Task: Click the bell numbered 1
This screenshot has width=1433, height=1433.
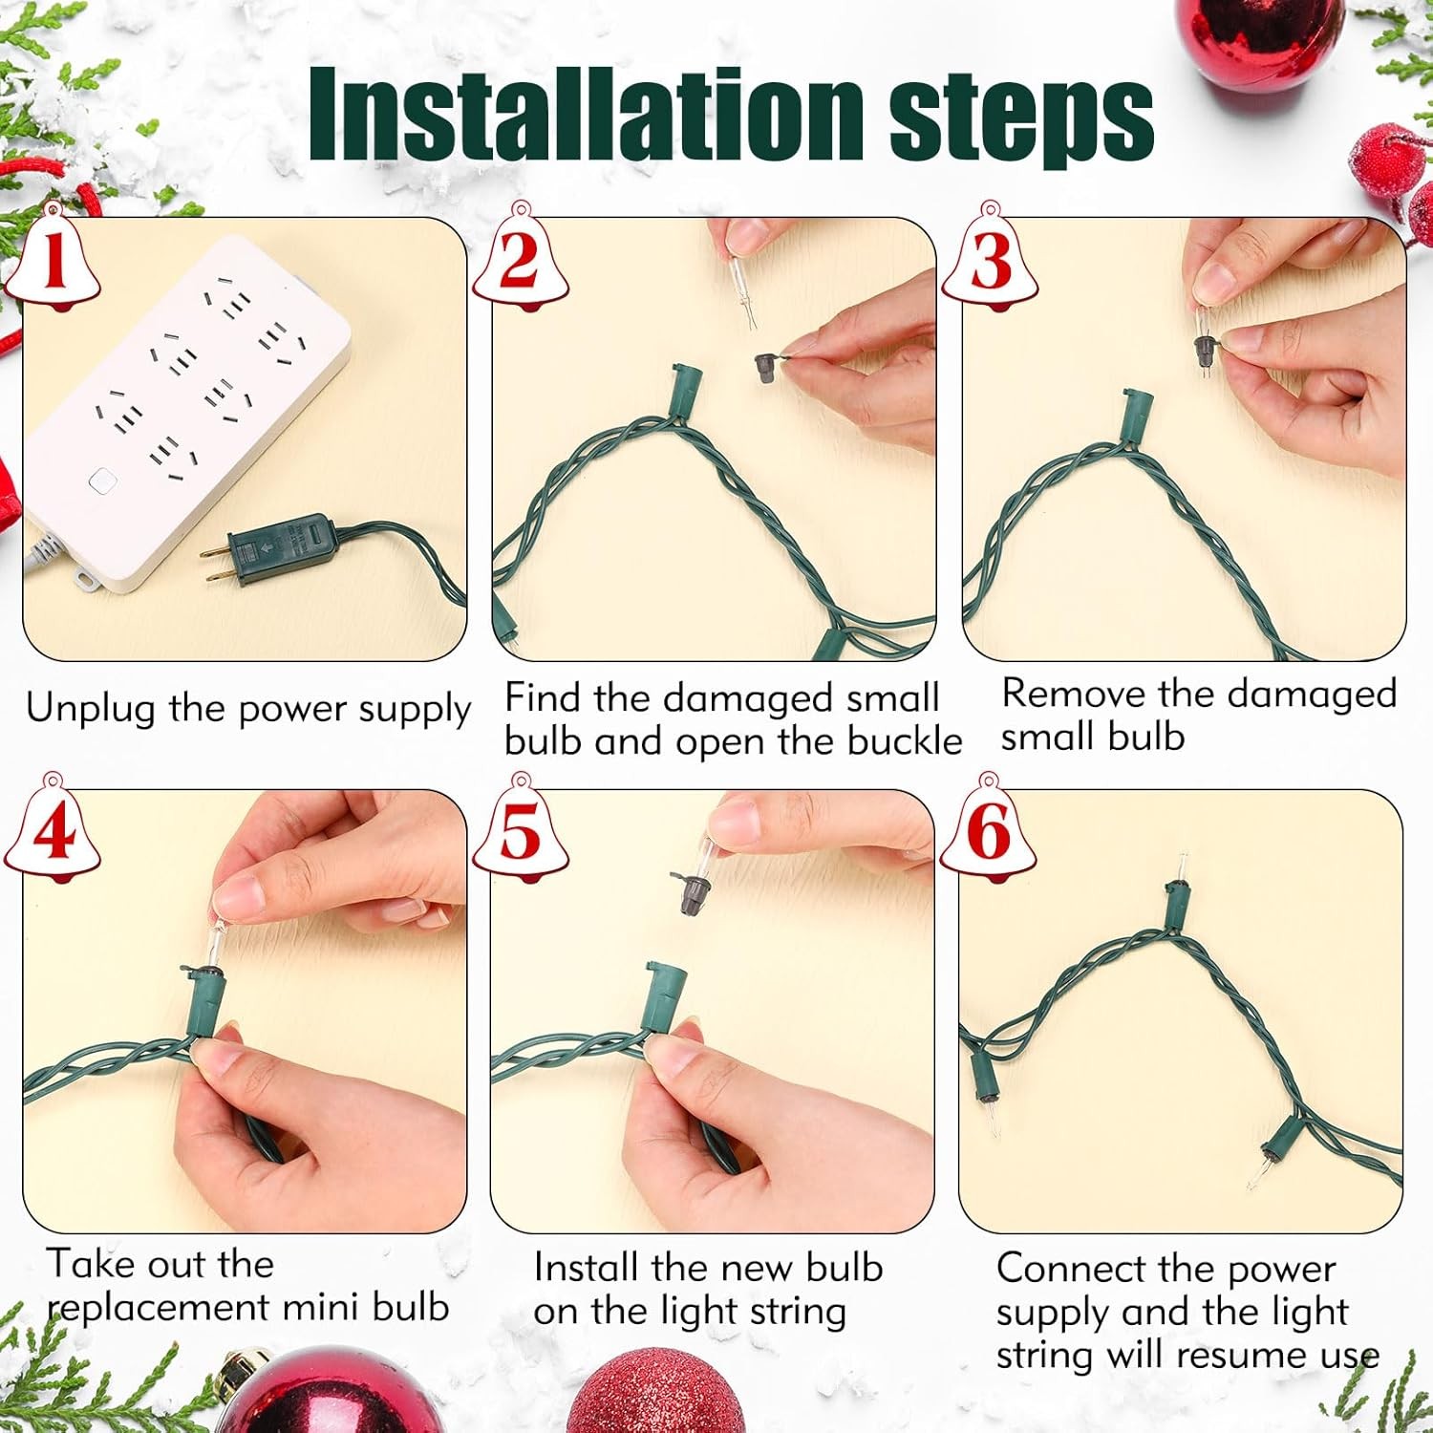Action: click(x=54, y=258)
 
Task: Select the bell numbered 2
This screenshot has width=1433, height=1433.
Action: click(x=521, y=258)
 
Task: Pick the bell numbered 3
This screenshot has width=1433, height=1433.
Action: click(x=990, y=258)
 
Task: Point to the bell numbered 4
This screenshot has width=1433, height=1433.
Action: click(x=53, y=828)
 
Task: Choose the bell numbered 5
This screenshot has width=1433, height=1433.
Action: click(x=521, y=828)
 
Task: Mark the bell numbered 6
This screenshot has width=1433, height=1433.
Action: click(x=989, y=828)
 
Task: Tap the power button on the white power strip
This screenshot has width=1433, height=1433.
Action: click(x=97, y=480)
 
